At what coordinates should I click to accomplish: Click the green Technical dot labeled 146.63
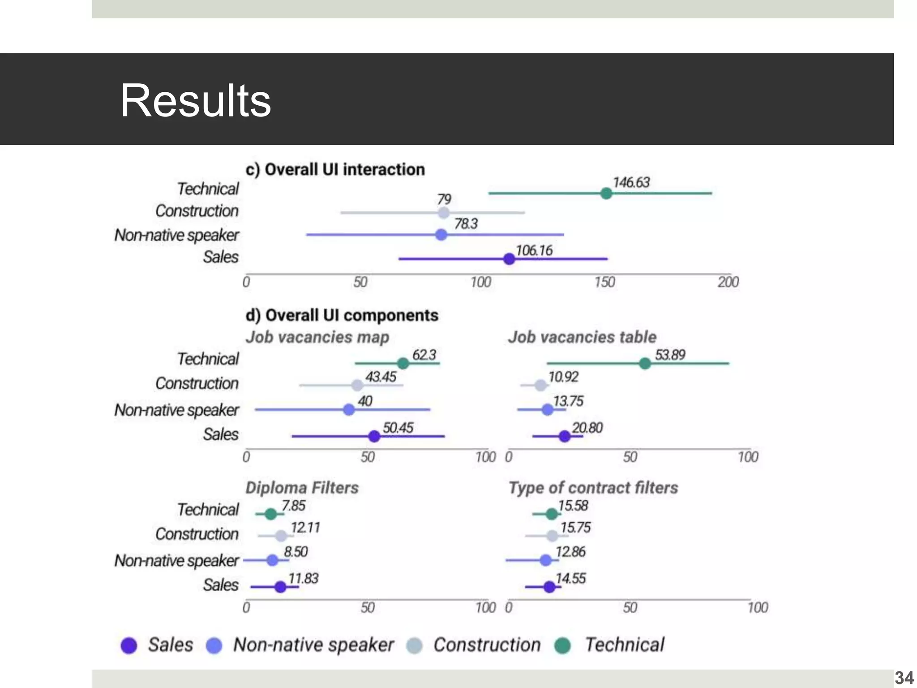coord(606,193)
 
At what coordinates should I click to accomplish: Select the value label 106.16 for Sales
coord(534,250)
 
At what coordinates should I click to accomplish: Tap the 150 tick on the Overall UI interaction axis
coord(604,282)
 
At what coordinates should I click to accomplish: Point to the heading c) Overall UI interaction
coord(335,170)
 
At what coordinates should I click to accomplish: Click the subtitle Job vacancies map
coord(317,337)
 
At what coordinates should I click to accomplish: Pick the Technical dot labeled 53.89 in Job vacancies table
coord(645,363)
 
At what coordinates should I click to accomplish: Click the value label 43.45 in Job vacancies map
coord(381,377)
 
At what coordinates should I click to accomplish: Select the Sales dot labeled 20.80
coord(565,436)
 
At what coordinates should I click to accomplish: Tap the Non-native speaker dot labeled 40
coord(349,409)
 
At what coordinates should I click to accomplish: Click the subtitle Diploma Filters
coord(302,487)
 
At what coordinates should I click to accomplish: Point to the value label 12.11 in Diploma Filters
coord(305,528)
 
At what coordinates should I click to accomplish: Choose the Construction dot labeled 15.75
coord(552,536)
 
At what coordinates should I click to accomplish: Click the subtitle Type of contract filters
coord(593,487)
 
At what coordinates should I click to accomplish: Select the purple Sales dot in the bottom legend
coord(129,645)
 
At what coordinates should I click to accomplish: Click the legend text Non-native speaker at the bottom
coord(313,645)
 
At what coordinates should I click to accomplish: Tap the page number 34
coord(904,678)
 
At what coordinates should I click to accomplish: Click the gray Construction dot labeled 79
coord(443,213)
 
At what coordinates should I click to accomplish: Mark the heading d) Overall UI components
coord(342,315)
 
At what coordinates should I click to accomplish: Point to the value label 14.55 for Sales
coord(570,578)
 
